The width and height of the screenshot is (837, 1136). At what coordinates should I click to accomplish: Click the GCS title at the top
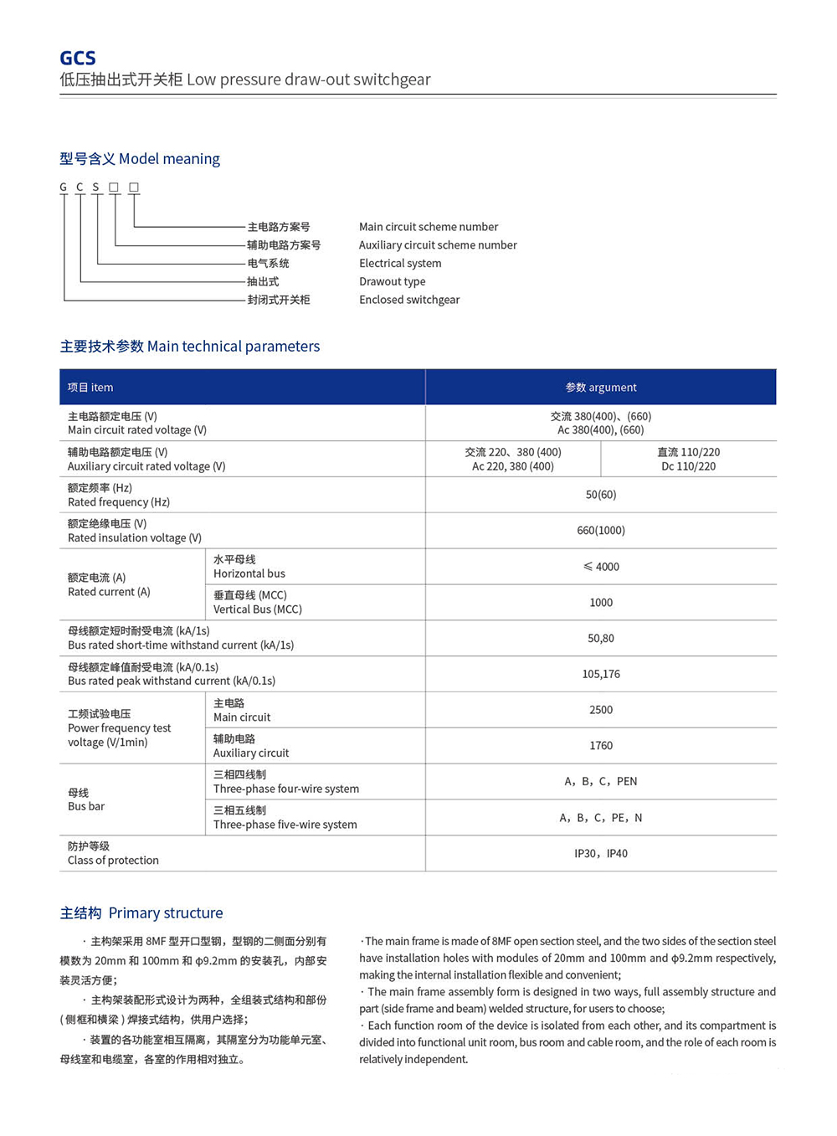coord(78,58)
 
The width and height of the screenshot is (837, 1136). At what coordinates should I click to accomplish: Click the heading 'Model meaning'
coord(140,159)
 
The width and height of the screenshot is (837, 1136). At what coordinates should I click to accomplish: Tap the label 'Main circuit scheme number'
coord(428,227)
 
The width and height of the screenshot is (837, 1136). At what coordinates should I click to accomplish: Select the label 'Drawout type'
coord(392,281)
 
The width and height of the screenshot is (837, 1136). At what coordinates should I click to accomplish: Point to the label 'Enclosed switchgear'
coord(409,300)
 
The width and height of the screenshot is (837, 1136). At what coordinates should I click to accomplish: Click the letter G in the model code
coord(64,188)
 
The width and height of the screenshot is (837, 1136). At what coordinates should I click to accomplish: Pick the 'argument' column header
coord(600,388)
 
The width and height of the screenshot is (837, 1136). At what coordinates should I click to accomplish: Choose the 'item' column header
coord(90,388)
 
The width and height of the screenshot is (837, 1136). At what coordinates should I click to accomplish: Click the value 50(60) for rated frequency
coord(600,495)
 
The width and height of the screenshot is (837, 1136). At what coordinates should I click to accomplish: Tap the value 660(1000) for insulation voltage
coord(600,531)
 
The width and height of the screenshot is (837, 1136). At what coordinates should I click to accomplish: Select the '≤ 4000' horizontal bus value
coord(600,567)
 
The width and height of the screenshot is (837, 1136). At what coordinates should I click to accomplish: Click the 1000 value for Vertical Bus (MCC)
coord(600,603)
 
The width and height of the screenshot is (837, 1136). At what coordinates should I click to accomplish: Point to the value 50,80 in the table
coord(600,639)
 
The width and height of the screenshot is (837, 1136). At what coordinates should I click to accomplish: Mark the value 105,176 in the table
coord(600,674)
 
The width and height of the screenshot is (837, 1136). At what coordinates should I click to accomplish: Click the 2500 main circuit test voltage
coord(600,710)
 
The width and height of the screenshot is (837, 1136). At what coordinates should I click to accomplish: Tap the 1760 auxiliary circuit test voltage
coord(600,746)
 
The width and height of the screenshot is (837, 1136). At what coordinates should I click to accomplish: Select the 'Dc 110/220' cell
coord(688,466)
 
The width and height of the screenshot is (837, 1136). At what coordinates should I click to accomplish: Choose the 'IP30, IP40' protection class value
coord(600,854)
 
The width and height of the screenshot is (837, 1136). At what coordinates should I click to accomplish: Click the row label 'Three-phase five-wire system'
coord(285,825)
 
